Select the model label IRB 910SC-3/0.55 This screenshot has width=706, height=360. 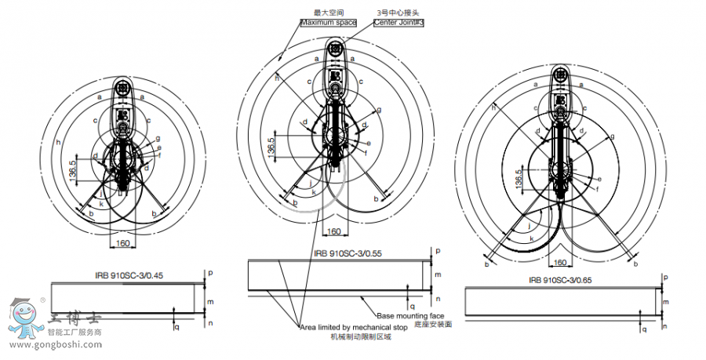[348, 253]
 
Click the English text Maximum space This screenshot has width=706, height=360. [329, 22]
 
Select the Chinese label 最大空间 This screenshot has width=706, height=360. [328, 13]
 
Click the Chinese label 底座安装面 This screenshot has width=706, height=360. [435, 324]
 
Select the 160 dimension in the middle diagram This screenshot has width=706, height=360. [333, 231]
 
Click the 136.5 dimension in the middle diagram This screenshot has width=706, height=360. [271, 147]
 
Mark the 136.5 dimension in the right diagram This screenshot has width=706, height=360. [519, 179]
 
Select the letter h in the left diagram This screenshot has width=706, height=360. [58, 142]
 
